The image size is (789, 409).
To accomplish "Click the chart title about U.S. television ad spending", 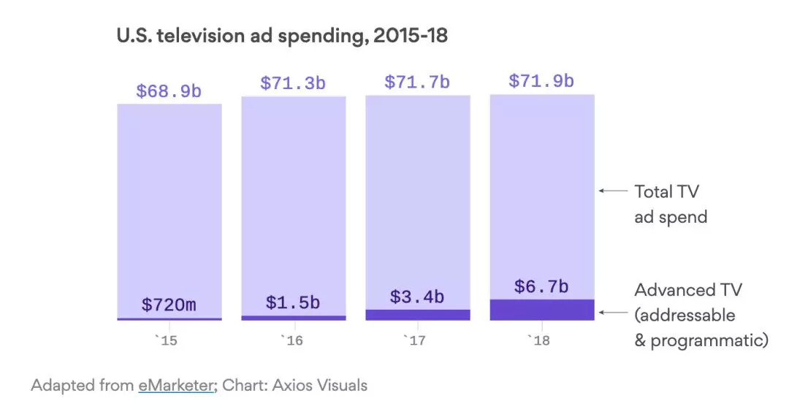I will click(282, 35).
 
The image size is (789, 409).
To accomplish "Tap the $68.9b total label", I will click(169, 92).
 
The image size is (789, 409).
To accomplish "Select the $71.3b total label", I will click(293, 83).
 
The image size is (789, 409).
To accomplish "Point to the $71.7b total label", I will click(417, 82).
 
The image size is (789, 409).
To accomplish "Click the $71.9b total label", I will click(541, 80).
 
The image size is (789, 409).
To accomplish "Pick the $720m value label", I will click(169, 305).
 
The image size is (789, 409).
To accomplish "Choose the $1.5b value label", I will click(293, 302).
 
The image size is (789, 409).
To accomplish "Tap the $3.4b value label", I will click(417, 297).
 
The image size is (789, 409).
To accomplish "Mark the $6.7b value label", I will click(541, 287).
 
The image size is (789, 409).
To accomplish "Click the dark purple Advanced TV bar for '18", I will click(541, 310).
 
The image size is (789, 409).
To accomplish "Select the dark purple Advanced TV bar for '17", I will click(417, 315).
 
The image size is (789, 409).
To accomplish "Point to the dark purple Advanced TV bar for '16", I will click(293, 318).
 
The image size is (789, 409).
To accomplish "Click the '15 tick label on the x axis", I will click(169, 340).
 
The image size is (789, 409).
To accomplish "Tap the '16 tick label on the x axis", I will click(293, 340).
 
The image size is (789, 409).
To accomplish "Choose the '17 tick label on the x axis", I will click(417, 340).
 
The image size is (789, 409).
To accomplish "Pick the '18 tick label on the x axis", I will click(541, 340).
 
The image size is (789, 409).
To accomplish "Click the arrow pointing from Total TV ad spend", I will click(613, 191).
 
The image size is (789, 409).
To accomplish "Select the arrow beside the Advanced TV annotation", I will click(613, 313).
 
